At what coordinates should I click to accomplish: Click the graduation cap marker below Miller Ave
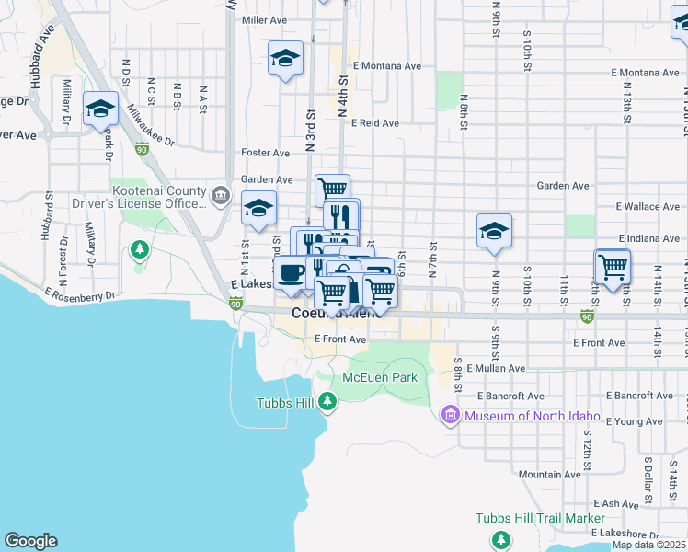point(286,60)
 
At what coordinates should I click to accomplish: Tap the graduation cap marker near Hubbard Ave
point(100,109)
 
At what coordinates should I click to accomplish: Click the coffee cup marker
point(292,272)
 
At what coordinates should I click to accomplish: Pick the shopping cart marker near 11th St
point(613,267)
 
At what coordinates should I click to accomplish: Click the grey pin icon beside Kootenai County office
point(221,195)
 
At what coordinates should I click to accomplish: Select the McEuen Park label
point(380,377)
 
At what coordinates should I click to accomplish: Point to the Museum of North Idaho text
point(533,416)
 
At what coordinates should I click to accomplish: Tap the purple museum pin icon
point(451,416)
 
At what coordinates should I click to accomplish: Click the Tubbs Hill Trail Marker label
point(540,518)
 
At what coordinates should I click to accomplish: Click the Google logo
point(30,541)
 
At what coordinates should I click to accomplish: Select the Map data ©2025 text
point(648,545)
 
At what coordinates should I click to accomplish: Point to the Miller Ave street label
point(264,19)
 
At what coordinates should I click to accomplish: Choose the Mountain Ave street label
point(549,475)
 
